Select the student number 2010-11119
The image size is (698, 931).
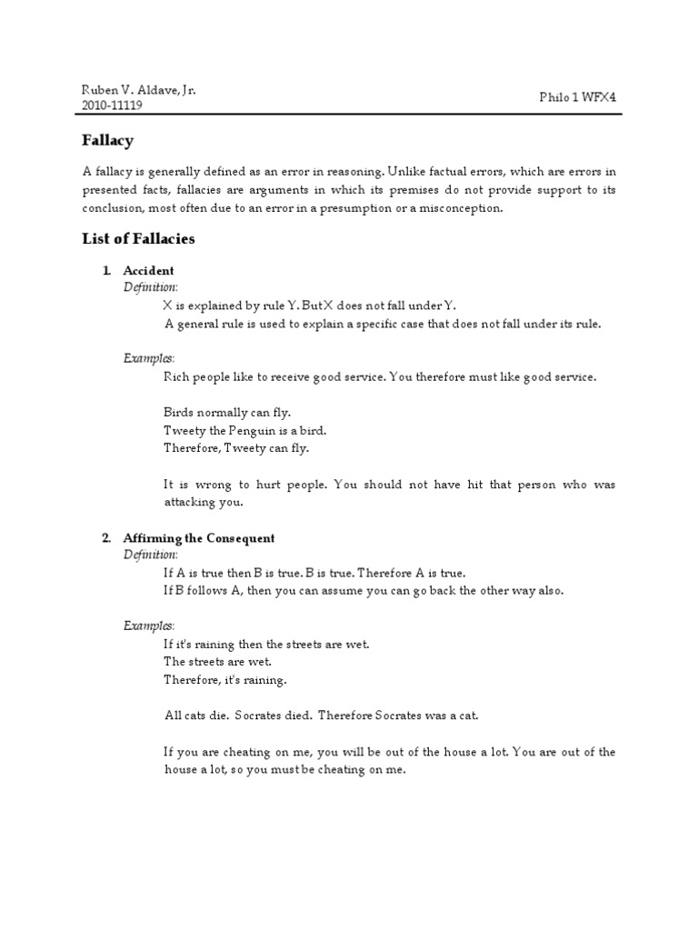pos(112,105)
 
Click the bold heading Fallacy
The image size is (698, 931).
pos(108,140)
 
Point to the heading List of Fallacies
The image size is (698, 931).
pos(138,239)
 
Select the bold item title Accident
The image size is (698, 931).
pos(149,271)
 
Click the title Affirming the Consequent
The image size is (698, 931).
pos(199,538)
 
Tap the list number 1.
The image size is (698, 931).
pos(106,271)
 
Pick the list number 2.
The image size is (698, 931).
pos(106,538)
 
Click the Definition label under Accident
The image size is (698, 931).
pos(151,287)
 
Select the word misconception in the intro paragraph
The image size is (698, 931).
pos(456,208)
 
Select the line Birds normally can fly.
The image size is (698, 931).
pos(227,412)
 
